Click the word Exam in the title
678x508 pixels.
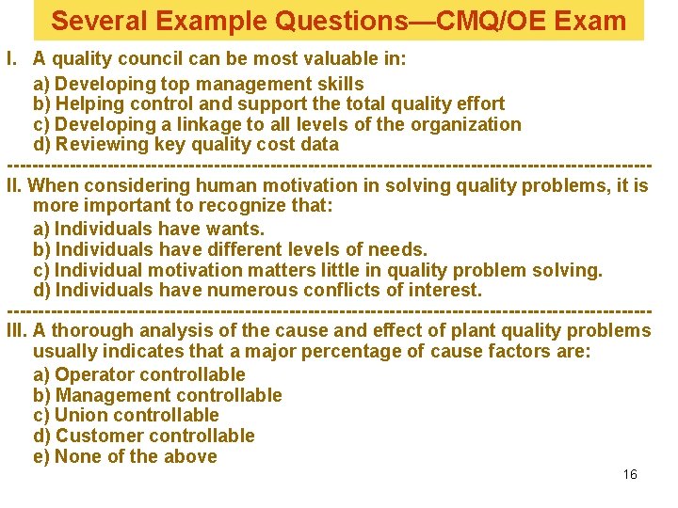coord(591,21)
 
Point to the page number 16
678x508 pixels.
coord(630,474)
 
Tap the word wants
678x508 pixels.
coord(235,229)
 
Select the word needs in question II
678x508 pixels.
coord(397,249)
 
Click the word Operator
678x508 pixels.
coord(96,374)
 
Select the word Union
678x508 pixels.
coord(83,415)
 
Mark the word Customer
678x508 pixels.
coord(99,436)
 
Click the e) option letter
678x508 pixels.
coord(41,457)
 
